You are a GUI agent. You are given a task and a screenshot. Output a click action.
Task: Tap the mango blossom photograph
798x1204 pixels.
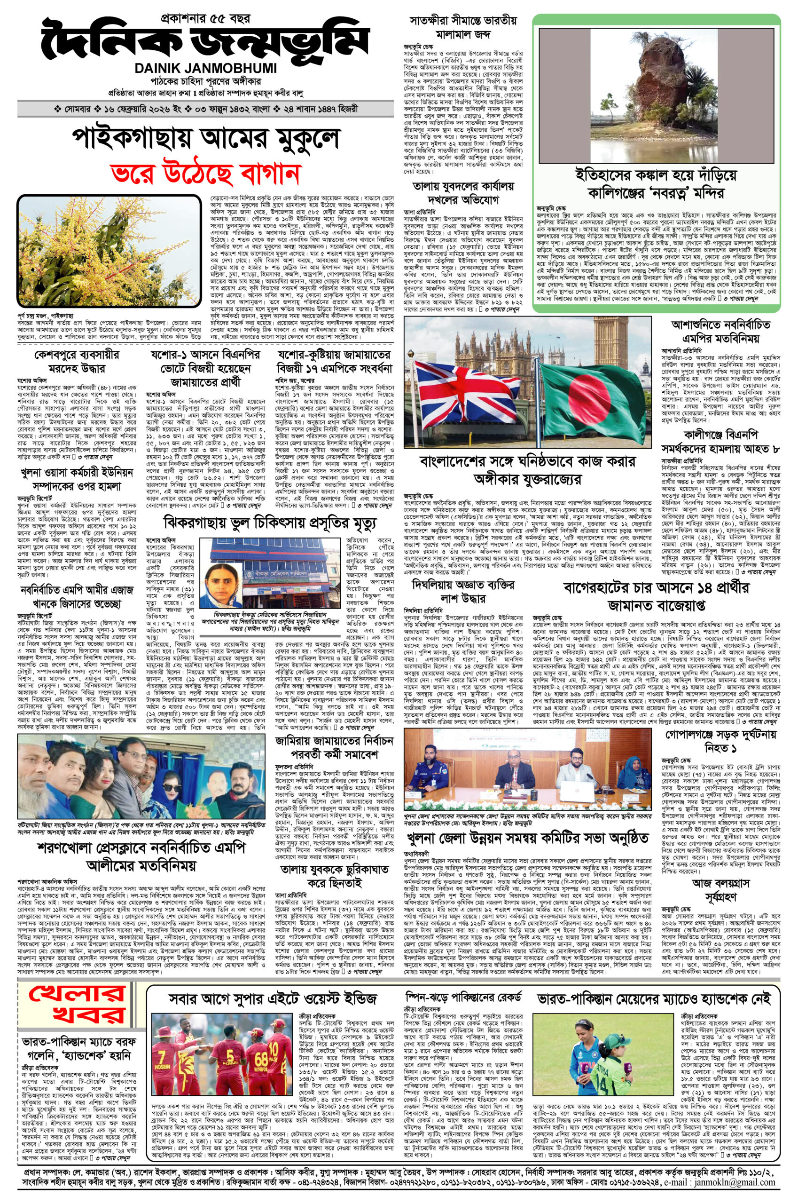108,250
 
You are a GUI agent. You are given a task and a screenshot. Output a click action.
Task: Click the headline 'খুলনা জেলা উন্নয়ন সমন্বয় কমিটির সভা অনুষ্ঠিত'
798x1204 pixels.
527,838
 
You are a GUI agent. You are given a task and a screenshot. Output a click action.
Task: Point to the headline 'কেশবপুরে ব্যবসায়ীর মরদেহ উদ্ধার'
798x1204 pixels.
76,362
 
